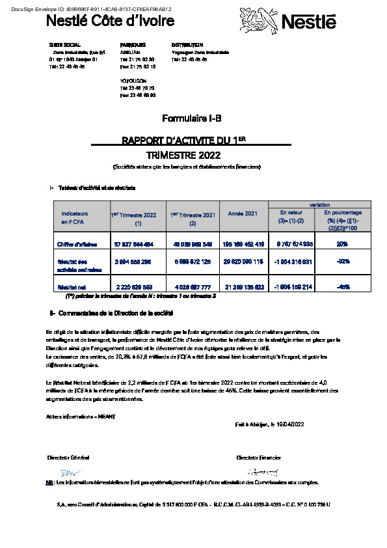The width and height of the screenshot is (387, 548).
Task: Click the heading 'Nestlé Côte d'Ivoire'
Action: [x=110, y=21]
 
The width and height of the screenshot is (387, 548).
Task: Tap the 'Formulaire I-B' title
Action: [x=192, y=118]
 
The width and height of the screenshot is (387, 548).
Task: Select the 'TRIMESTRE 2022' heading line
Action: [x=183, y=156]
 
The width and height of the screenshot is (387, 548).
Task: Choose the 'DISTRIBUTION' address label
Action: [x=187, y=45]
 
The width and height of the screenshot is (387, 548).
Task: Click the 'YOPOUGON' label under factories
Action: [x=133, y=81]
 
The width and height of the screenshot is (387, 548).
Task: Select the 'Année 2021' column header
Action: [x=243, y=213]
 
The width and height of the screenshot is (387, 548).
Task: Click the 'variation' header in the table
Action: [x=319, y=204]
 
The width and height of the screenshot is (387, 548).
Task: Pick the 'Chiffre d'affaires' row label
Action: [x=77, y=244]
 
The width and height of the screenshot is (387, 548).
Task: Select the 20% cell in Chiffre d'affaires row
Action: [x=341, y=244]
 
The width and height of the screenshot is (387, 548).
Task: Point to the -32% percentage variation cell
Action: [x=341, y=260]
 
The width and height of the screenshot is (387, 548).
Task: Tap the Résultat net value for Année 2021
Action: [x=243, y=286]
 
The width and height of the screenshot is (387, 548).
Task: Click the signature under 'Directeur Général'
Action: [x=68, y=473]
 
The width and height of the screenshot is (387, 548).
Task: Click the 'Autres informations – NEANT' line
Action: [x=72, y=415]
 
